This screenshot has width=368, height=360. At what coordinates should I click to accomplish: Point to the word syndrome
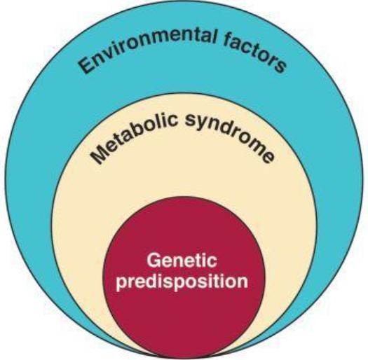(230, 139)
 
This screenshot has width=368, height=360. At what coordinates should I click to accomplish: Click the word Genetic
(182, 260)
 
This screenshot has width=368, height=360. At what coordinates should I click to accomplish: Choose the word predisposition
(182, 281)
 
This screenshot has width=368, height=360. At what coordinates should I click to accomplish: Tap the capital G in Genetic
(154, 261)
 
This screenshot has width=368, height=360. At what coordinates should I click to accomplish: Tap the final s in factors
(280, 67)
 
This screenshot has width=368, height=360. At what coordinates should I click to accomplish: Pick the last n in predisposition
(243, 282)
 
